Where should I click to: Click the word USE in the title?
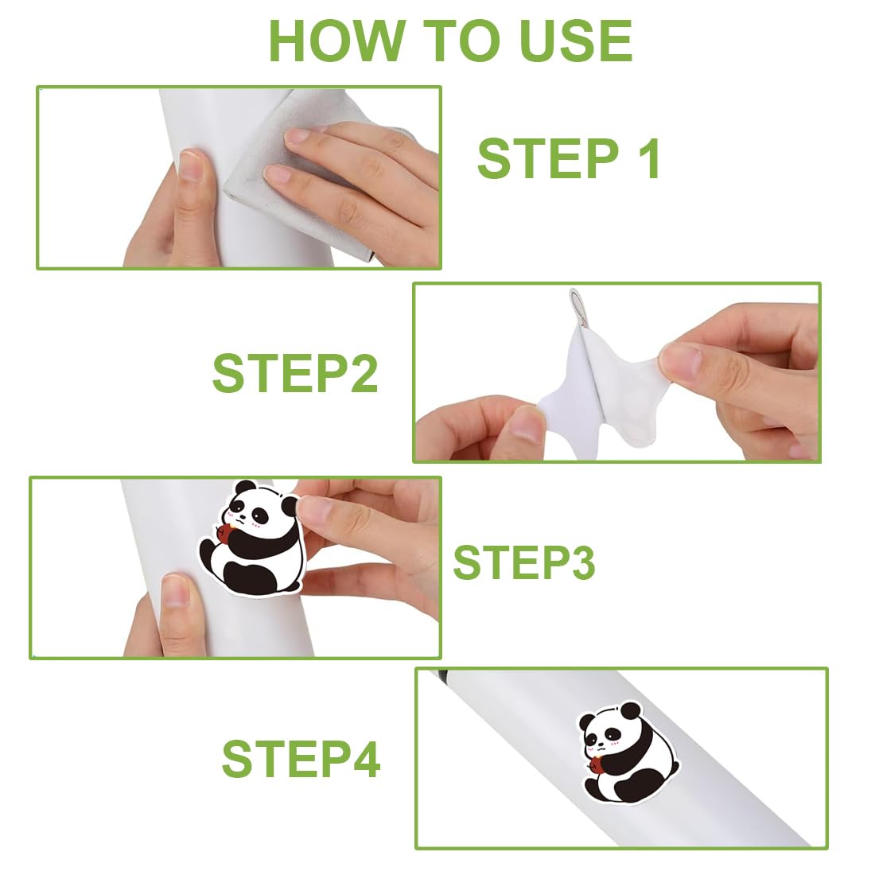(576, 41)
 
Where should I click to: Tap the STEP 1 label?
(570, 158)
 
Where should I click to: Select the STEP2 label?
(295, 373)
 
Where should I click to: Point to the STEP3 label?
(524, 562)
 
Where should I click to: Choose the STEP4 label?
(301, 758)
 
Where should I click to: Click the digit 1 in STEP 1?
(649, 158)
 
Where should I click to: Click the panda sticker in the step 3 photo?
(253, 538)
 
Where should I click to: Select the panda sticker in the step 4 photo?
(628, 752)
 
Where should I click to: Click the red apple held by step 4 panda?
(596, 764)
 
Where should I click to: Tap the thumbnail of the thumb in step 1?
(191, 165)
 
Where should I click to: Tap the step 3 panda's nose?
(242, 517)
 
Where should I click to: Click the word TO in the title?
(461, 41)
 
